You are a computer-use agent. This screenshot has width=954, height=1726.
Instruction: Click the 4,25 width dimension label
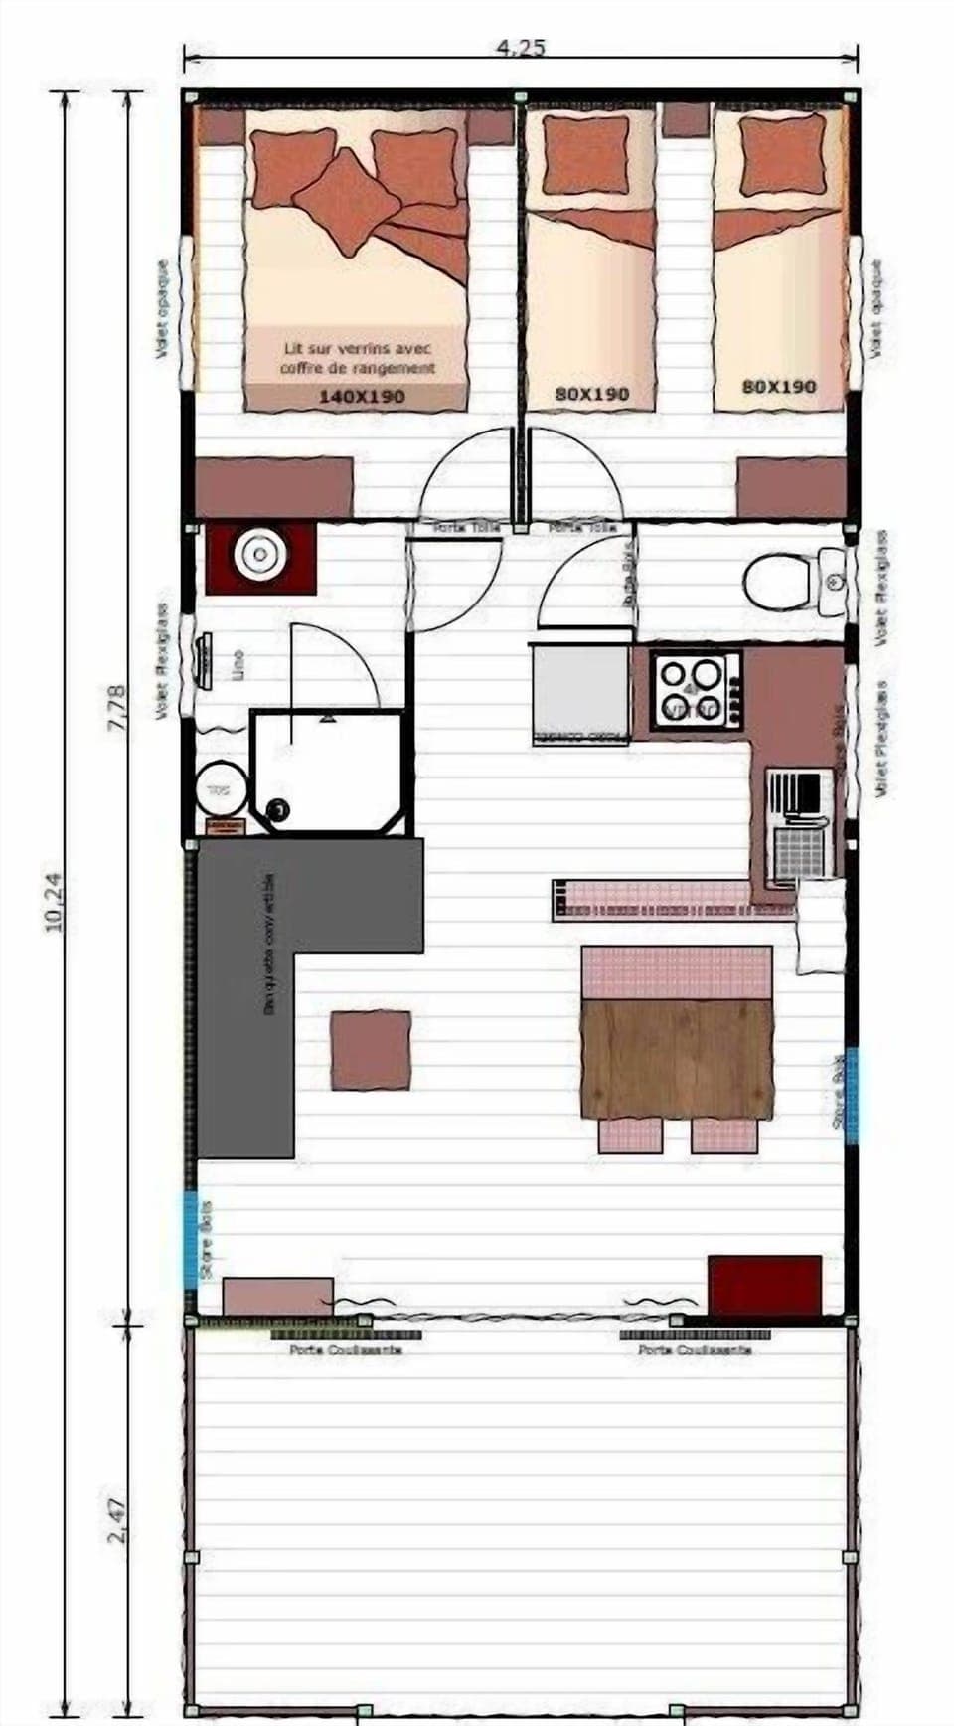click(x=520, y=47)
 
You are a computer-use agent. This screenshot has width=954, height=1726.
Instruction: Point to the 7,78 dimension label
click(x=116, y=708)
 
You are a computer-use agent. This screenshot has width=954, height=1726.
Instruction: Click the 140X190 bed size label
click(x=361, y=396)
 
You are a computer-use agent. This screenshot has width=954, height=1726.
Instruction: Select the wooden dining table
click(x=677, y=1058)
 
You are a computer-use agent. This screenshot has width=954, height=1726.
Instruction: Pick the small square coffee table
click(x=371, y=1050)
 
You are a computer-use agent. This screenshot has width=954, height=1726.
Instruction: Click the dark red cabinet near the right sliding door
click(x=764, y=1285)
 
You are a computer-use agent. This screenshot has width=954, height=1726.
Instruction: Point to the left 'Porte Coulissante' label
click(x=338, y=1349)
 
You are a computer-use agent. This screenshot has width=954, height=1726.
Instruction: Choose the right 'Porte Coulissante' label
click(x=695, y=1349)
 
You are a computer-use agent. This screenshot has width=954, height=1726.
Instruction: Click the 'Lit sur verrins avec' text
click(x=358, y=349)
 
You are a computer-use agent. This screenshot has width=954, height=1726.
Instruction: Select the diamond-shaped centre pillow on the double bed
click(x=348, y=202)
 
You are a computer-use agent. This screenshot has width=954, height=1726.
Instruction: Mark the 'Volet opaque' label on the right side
click(x=875, y=308)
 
